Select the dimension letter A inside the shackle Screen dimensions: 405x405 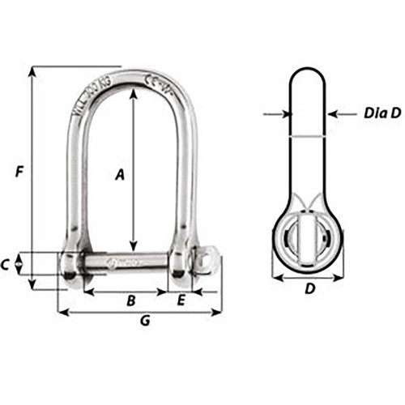click(119, 173)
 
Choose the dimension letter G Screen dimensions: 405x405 click(145, 321)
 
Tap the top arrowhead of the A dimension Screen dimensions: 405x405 click(133, 91)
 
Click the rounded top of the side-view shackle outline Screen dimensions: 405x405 click(309, 75)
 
